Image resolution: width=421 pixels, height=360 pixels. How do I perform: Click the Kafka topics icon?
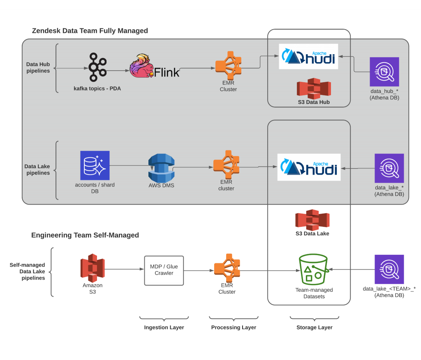point(97,67)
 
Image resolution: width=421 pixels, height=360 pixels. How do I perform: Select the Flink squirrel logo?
point(142,66)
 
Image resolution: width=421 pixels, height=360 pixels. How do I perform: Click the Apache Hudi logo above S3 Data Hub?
point(308,57)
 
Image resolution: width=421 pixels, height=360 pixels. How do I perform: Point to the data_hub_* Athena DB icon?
point(384,72)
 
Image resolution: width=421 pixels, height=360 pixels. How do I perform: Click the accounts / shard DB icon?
point(95,166)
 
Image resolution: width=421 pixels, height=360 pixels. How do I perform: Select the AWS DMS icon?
point(161,168)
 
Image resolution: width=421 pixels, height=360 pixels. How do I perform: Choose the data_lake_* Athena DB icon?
point(389,168)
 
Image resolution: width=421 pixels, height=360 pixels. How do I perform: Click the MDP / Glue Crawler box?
point(164,270)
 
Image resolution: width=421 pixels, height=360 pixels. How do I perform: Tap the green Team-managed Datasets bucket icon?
point(314,270)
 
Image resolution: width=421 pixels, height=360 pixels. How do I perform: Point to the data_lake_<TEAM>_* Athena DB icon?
point(389,269)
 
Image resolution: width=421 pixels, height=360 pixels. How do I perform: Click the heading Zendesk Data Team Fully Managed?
point(90,31)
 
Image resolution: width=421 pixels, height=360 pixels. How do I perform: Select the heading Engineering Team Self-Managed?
point(85,235)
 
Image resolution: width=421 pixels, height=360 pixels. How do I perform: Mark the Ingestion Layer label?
point(164,328)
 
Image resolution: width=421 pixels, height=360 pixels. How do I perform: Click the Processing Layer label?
point(234,328)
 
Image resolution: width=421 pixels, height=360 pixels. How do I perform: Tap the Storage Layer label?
point(314,328)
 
